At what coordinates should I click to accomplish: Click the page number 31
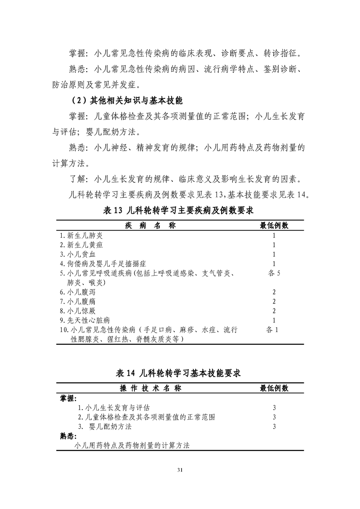[x=180, y=470]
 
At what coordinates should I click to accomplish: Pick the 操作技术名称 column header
[x=150, y=388]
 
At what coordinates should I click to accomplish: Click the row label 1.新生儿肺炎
[x=82, y=236]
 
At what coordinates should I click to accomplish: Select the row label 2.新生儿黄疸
[x=82, y=245]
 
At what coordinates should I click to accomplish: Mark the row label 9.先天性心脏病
[x=85, y=320]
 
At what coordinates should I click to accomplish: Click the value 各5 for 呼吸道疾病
[x=275, y=273]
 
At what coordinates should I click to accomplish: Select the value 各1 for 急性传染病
[x=275, y=330]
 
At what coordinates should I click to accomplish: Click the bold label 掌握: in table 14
[x=69, y=398]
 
